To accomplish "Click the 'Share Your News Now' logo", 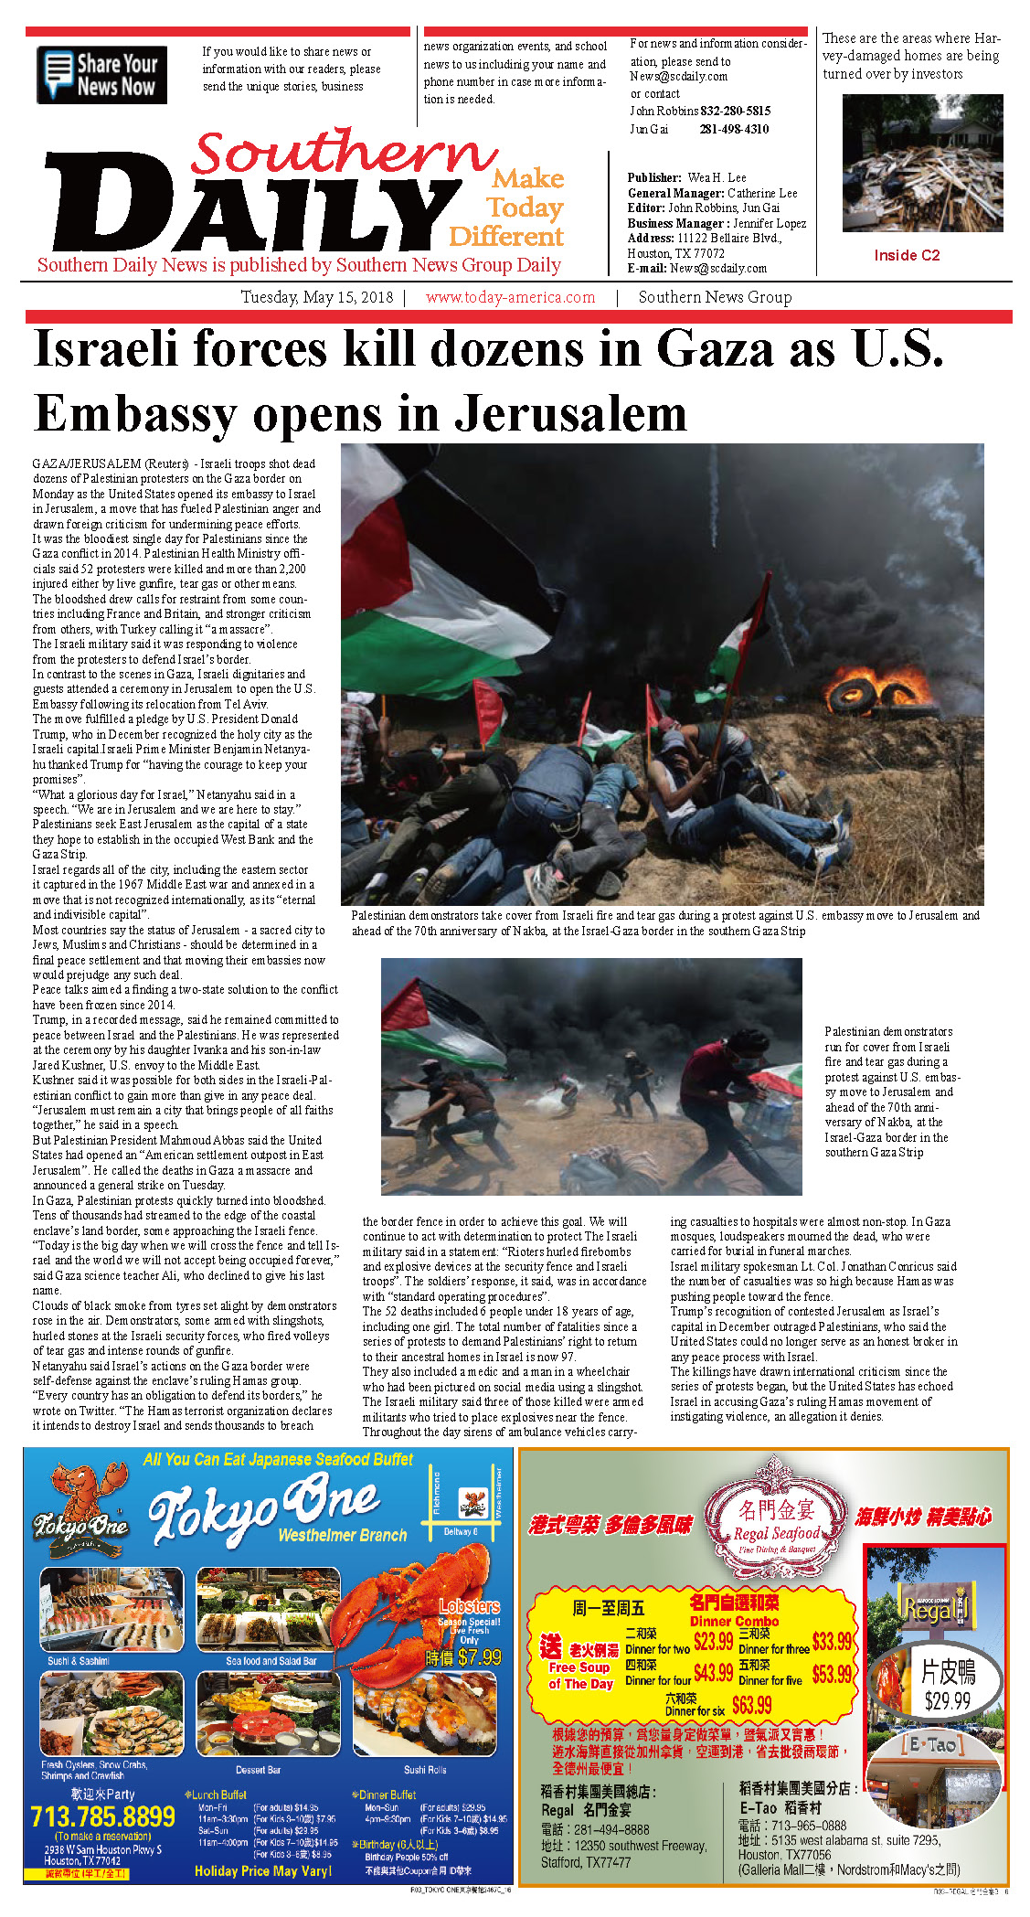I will click(101, 75).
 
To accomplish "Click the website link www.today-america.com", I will click(510, 297).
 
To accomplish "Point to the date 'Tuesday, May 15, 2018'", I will click(316, 297).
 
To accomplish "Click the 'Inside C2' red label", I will click(906, 255).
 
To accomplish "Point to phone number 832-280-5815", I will click(735, 111).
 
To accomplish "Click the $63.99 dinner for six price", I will click(751, 1705).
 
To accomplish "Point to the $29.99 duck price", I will click(947, 1701).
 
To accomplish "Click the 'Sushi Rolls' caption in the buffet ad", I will click(425, 1770).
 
